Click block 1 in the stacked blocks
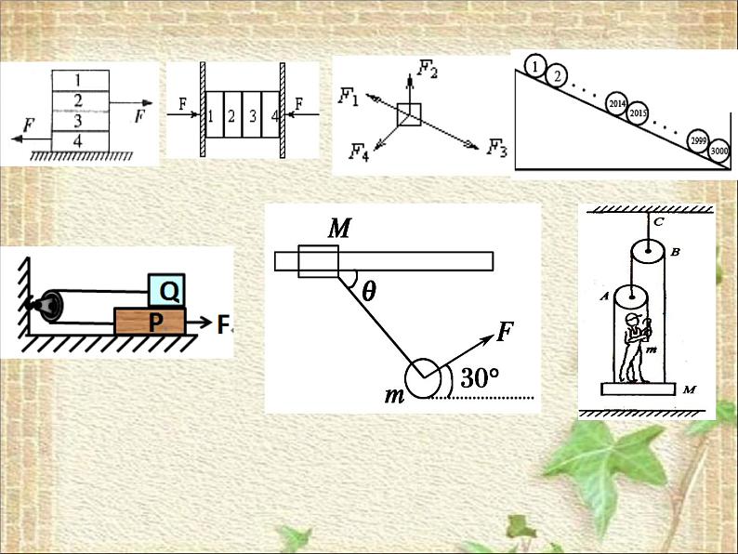(78, 79)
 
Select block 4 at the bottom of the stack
(78, 139)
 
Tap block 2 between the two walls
(229, 117)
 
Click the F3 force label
(497, 148)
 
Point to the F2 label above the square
(428, 68)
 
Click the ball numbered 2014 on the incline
(616, 102)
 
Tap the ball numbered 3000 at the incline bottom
(718, 150)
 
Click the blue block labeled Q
(168, 292)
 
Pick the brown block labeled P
(150, 323)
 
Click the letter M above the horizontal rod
(338, 229)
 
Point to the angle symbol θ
(369, 291)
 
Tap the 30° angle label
(481, 378)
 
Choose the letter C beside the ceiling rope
(658, 223)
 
